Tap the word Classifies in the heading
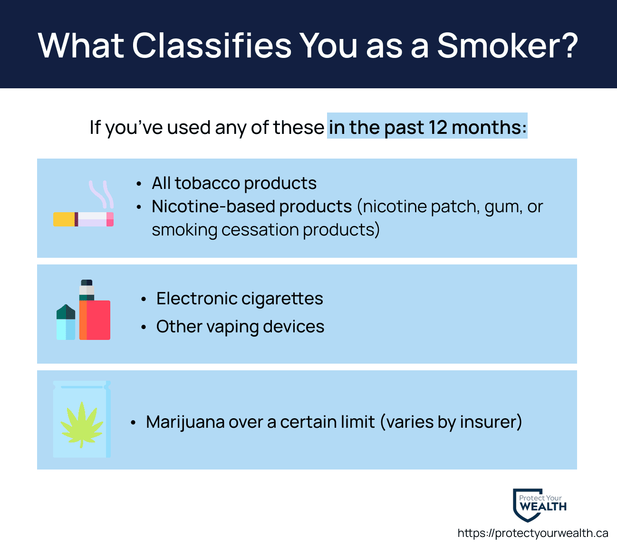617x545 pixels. [x=212, y=46]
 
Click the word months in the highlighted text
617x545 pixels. [x=489, y=127]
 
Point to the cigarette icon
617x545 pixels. [x=83, y=219]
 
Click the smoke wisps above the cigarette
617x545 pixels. [x=101, y=194]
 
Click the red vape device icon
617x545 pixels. [x=95, y=310]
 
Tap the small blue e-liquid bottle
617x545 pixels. [x=66, y=322]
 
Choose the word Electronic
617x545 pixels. [x=196, y=298]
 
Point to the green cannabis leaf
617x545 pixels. [x=82, y=425]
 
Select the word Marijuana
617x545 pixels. [x=185, y=423]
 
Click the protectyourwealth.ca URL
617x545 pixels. [x=533, y=533]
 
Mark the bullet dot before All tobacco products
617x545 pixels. [x=139, y=184]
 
